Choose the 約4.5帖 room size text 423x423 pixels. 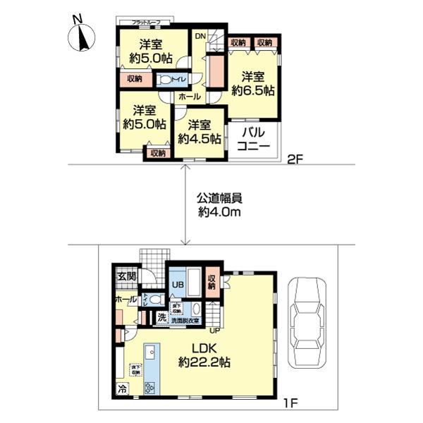(x=199, y=139)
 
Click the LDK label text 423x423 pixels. (x=205, y=350)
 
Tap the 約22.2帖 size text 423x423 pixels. (x=205, y=364)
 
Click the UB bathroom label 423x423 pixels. (x=178, y=284)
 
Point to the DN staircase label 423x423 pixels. (x=201, y=35)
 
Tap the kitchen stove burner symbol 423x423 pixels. (x=149, y=387)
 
